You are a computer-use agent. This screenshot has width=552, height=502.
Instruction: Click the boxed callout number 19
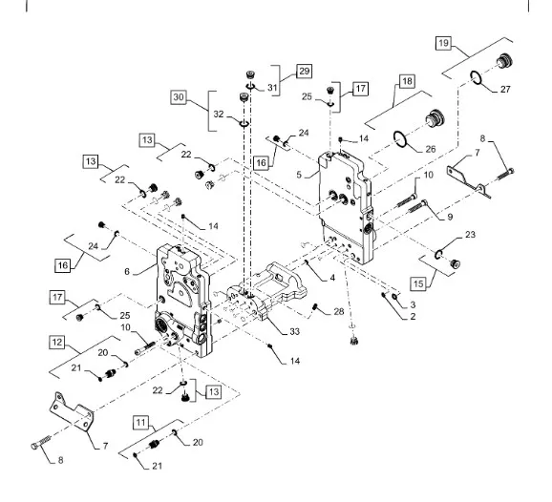tap(443, 43)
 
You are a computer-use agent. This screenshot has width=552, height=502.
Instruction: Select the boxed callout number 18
tap(407, 81)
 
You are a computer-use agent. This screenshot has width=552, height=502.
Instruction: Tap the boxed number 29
tap(304, 72)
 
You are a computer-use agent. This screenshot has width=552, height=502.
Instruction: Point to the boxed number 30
tap(179, 97)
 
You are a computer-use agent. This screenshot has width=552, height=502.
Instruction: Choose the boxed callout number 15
tap(418, 283)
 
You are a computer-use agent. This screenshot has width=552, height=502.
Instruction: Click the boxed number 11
tap(140, 423)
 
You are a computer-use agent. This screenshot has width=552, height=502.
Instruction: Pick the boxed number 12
tap(56, 343)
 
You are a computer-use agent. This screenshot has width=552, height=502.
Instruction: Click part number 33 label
tap(295, 331)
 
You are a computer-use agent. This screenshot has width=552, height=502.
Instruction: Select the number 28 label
tap(339, 312)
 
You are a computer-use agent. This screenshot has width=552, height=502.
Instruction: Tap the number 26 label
tap(431, 149)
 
